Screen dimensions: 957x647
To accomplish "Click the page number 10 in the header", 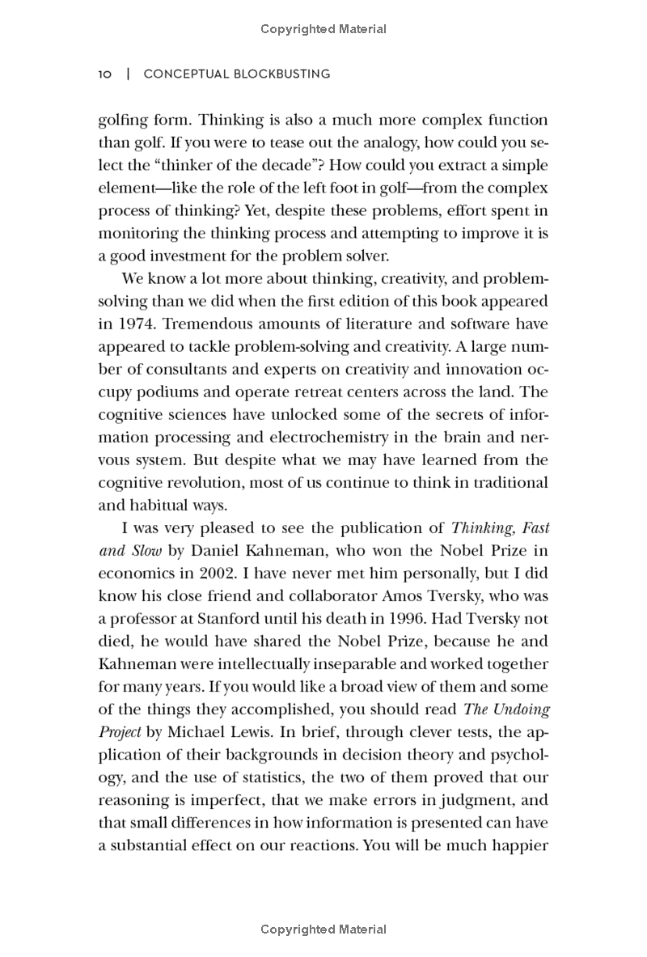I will tap(104, 74).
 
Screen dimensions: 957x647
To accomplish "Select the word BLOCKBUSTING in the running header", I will tap(281, 74).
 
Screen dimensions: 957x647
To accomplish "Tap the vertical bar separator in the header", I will tap(128, 74).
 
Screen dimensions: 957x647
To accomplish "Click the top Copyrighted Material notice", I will tap(323, 29).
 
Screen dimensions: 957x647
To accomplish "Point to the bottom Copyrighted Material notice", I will tap(323, 929).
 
